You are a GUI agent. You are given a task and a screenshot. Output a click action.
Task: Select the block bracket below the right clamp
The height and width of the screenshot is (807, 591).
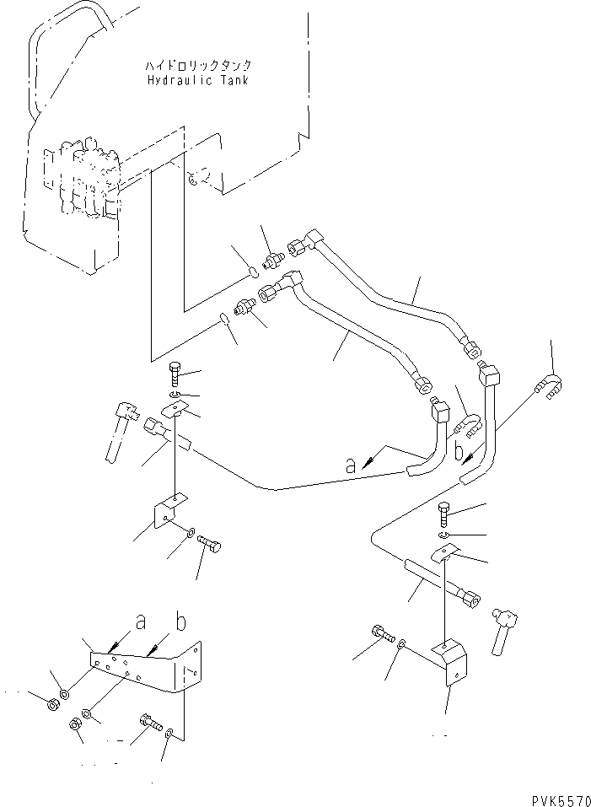point(450,659)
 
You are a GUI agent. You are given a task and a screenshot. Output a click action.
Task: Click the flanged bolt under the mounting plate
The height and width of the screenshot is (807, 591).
point(148,723)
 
